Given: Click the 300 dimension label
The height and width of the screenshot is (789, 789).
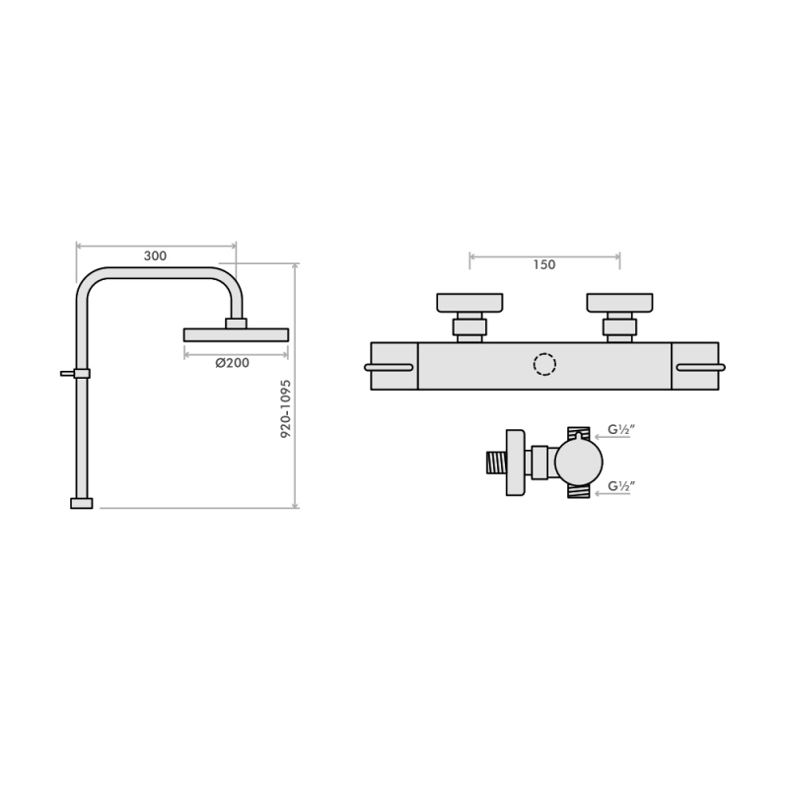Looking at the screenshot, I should click(155, 255).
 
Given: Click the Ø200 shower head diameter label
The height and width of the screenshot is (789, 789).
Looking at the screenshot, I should click(232, 362).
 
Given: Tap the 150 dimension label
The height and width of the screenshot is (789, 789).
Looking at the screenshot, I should click(543, 264).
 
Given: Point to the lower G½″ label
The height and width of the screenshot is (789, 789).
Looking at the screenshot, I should click(619, 486).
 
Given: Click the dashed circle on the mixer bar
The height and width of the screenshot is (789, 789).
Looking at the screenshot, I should click(544, 366).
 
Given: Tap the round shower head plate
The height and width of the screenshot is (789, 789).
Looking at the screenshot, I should click(237, 335).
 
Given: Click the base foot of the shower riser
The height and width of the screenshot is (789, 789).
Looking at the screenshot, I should click(82, 503).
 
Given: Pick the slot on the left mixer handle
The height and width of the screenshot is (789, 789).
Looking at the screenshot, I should click(389, 368).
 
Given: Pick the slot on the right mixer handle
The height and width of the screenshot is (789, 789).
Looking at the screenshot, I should click(700, 368).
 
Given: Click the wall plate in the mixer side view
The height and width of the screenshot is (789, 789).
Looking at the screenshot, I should click(514, 462).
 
